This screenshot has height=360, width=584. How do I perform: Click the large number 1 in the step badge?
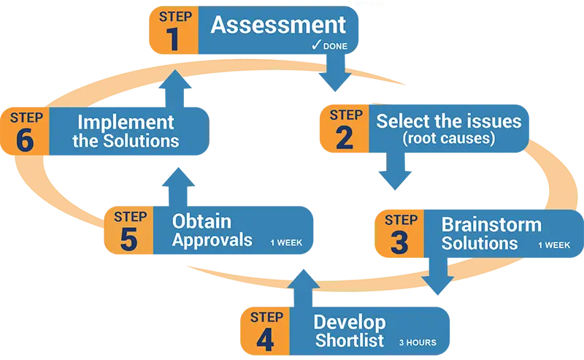click(172, 38)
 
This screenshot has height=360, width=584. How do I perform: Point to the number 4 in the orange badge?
click(265, 338)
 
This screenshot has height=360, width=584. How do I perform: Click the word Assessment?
click(278, 25)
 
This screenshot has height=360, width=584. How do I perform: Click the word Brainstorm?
click(491, 225)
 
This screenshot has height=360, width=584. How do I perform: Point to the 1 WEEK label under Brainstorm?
click(554, 245)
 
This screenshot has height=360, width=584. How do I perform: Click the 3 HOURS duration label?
click(418, 342)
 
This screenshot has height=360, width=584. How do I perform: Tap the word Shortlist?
click(349, 340)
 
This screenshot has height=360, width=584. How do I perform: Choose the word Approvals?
click(212, 240)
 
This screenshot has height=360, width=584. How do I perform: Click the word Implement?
click(126, 122)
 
